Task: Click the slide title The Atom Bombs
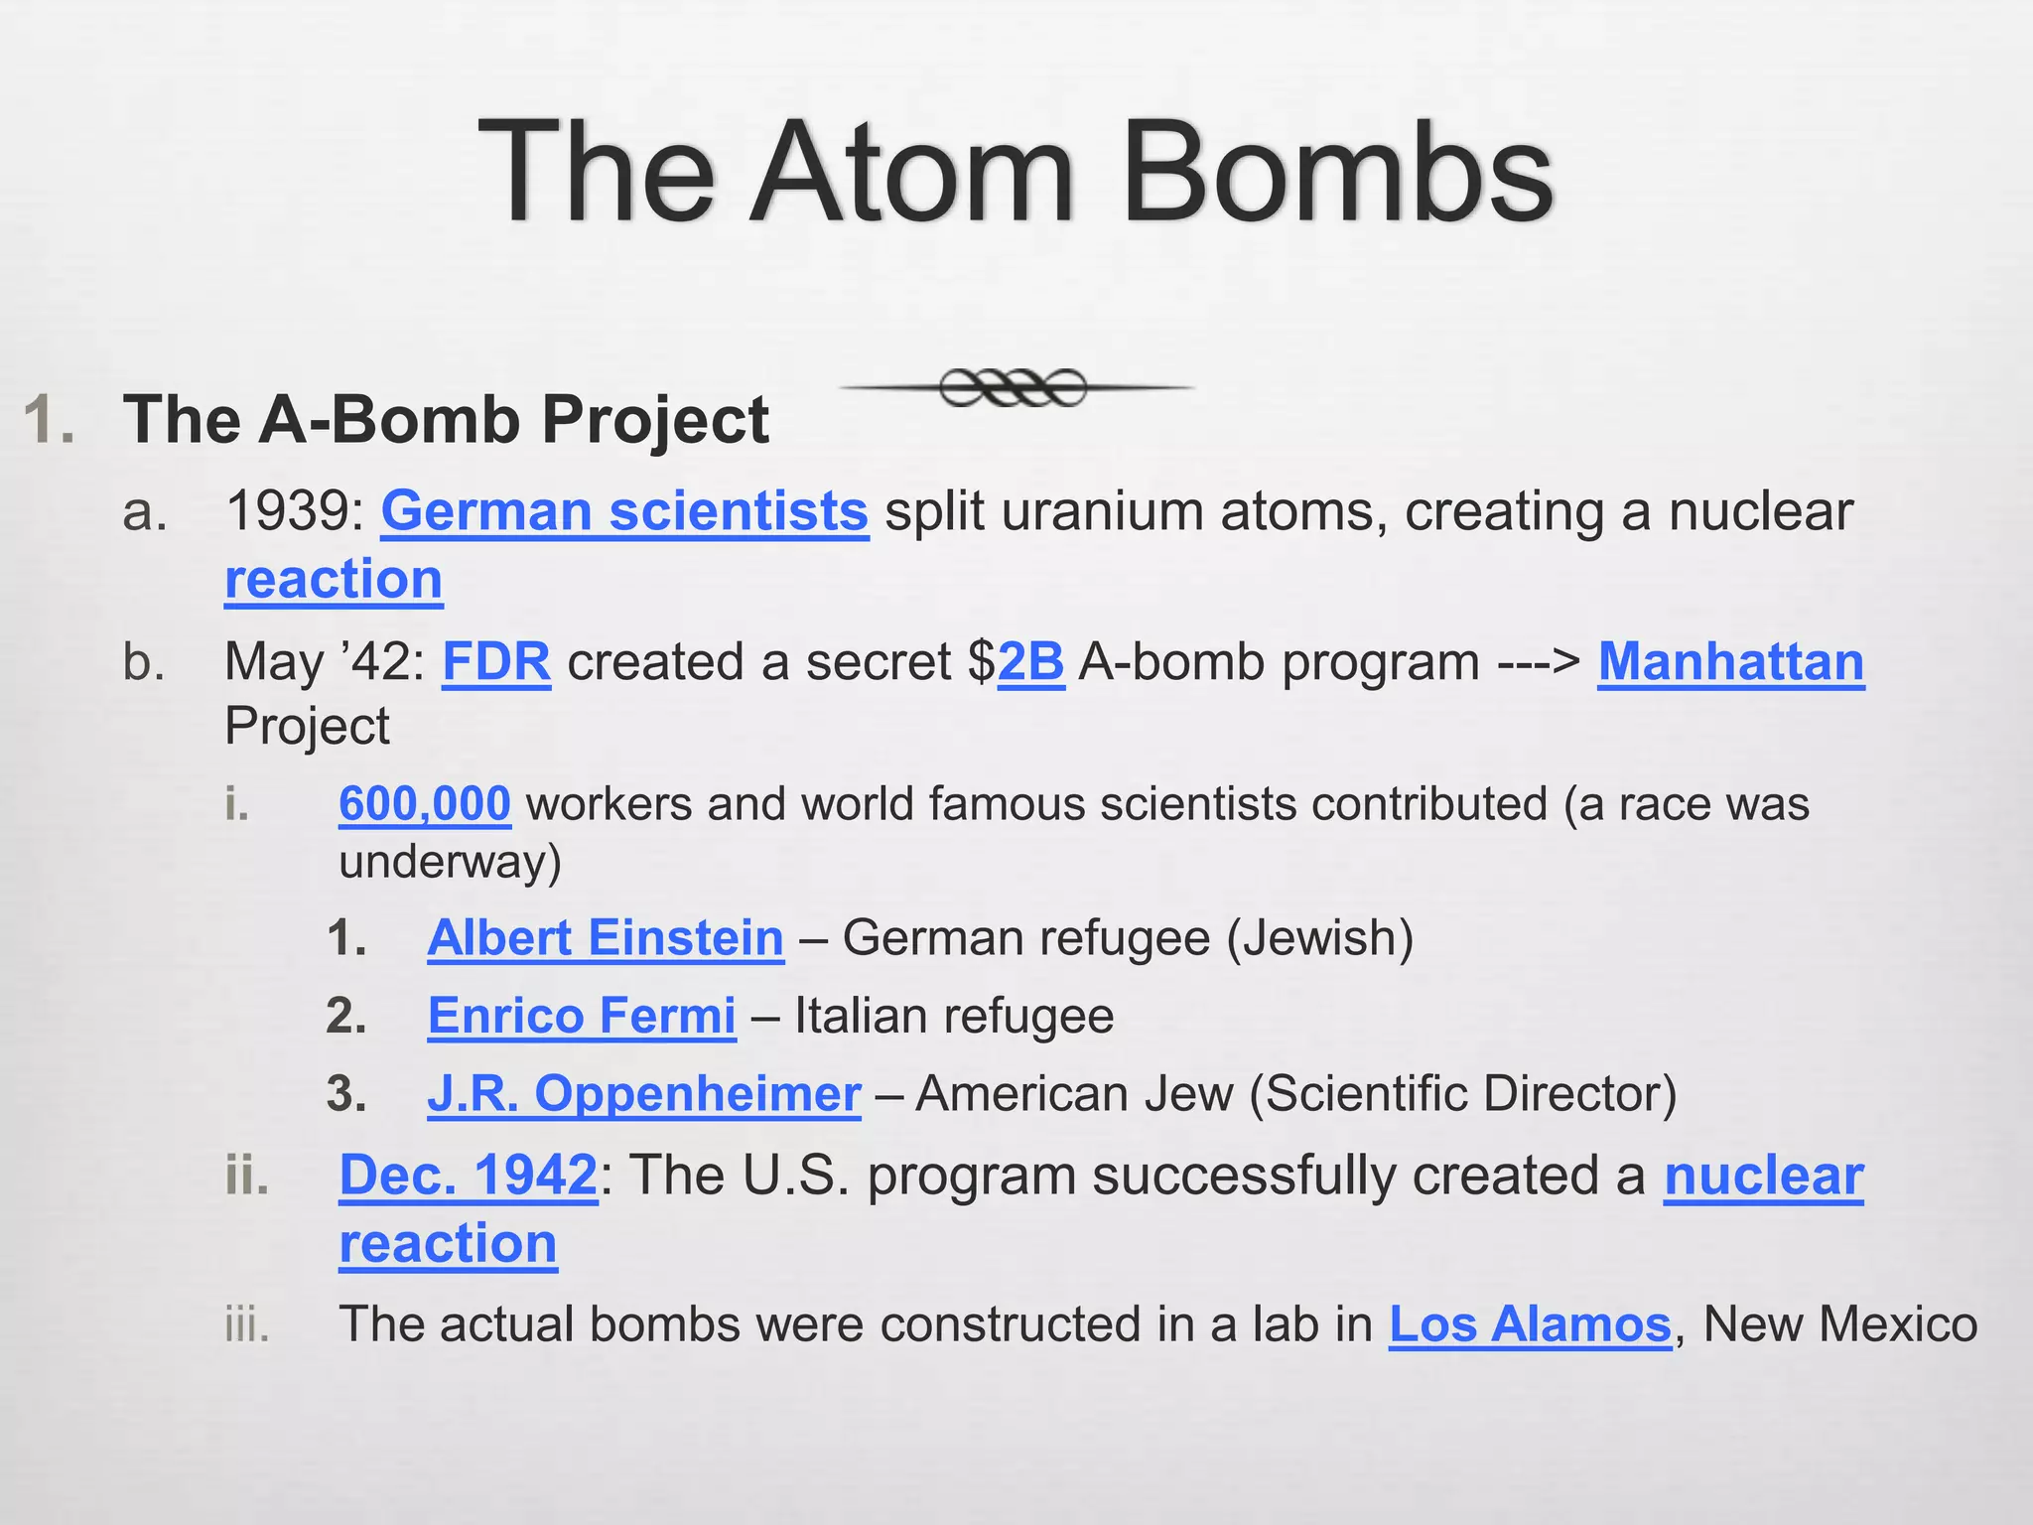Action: coord(1016,173)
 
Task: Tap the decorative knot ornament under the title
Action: coord(1014,387)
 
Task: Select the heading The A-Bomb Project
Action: coord(446,419)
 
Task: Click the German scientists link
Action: coord(624,511)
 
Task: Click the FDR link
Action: coord(496,662)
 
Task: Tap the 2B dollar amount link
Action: coord(1030,662)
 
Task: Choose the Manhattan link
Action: coord(1730,662)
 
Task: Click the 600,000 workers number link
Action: coord(425,803)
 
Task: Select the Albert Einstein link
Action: coord(606,938)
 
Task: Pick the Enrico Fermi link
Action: coord(582,1016)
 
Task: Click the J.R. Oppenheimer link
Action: coord(644,1093)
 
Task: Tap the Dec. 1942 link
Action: coord(469,1176)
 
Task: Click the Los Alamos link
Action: coord(1530,1324)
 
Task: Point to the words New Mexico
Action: coord(1839,1324)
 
